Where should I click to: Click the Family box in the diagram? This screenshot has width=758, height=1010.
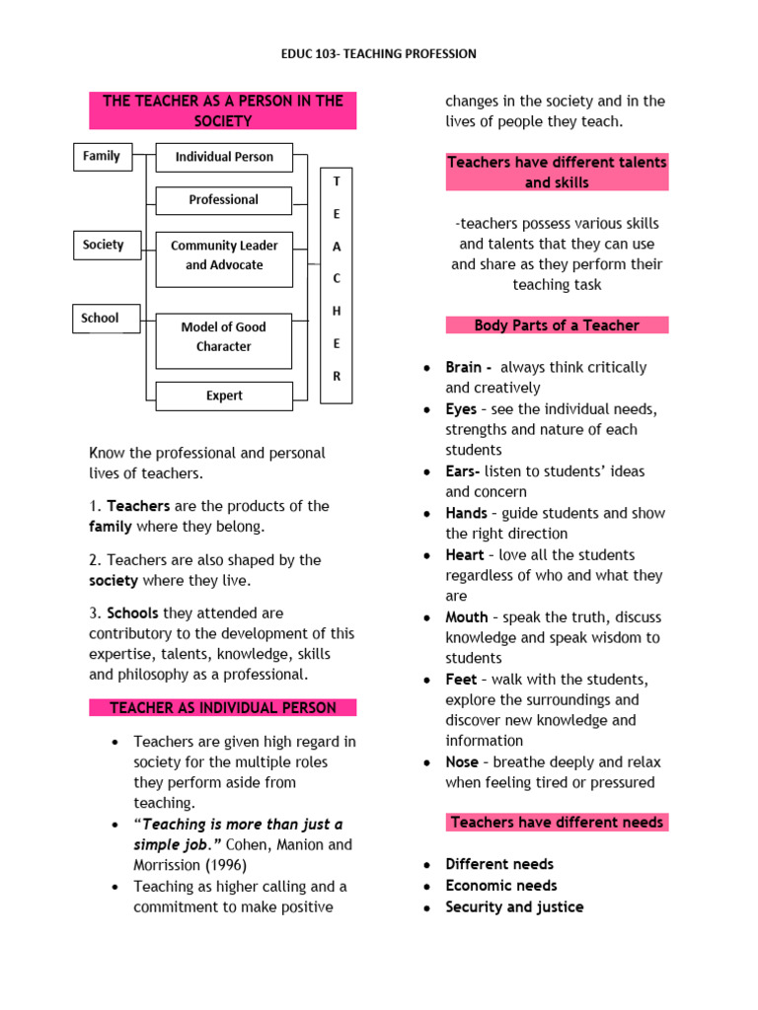click(x=102, y=157)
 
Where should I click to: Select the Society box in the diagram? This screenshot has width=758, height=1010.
click(x=103, y=245)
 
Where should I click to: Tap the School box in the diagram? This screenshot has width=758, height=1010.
click(x=100, y=319)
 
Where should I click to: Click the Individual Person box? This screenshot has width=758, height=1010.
click(x=224, y=157)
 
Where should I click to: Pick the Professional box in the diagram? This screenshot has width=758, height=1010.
click(x=224, y=200)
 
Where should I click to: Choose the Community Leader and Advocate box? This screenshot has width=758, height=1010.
click(x=224, y=255)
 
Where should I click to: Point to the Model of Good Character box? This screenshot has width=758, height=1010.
click(x=224, y=337)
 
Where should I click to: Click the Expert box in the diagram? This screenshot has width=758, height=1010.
click(x=224, y=396)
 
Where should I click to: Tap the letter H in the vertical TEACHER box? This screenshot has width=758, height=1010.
click(x=337, y=311)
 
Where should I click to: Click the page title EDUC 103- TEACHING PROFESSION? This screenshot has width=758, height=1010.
click(x=379, y=54)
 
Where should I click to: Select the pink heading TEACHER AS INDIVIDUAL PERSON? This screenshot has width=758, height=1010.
click(x=223, y=708)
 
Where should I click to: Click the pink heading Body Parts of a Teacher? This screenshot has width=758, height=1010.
click(x=557, y=325)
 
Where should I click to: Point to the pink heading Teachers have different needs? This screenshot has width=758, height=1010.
click(x=557, y=823)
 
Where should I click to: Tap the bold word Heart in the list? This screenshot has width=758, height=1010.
click(x=465, y=555)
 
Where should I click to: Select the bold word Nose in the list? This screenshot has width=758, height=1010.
click(x=462, y=762)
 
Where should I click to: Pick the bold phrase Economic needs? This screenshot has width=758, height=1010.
click(x=501, y=886)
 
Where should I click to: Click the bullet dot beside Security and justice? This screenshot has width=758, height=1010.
click(x=425, y=907)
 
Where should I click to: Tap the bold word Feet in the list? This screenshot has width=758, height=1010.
click(x=461, y=680)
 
